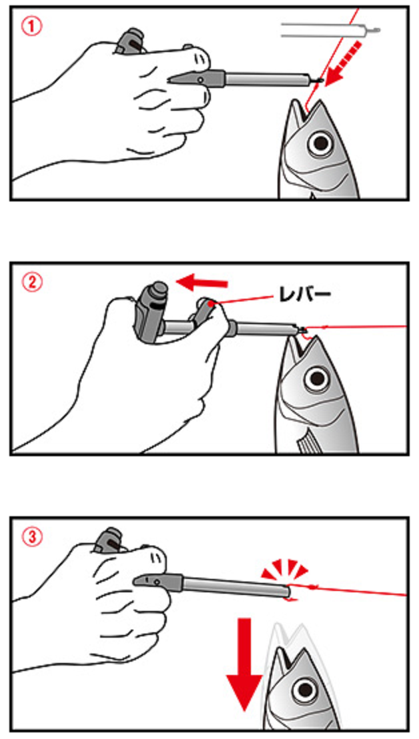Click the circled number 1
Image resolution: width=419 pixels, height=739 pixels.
[x=32, y=27]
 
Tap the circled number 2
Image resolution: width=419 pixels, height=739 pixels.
[x=32, y=283]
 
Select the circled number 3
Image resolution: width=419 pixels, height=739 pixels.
[x=32, y=537]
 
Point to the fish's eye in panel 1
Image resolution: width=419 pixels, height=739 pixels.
[x=320, y=142]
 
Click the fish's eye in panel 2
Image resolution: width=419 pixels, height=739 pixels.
[x=317, y=378]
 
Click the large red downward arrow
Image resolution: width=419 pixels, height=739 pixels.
[x=244, y=664]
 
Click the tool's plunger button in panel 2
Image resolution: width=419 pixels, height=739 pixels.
[x=158, y=289]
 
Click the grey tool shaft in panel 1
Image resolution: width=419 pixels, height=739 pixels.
[x=268, y=79]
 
